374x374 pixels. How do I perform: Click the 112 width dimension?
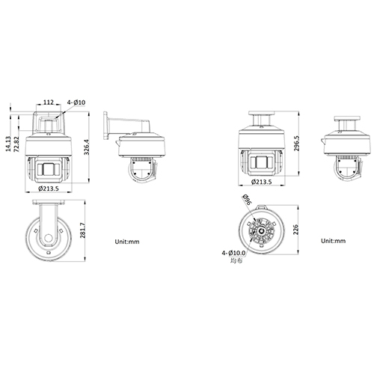(48, 102)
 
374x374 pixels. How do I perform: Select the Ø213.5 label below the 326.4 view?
(50, 191)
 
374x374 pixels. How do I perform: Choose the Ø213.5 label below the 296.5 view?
(261, 181)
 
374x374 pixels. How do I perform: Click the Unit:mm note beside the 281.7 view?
(127, 242)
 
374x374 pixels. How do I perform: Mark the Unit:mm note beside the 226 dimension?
(332, 242)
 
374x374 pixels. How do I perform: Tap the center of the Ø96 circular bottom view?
(262, 232)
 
